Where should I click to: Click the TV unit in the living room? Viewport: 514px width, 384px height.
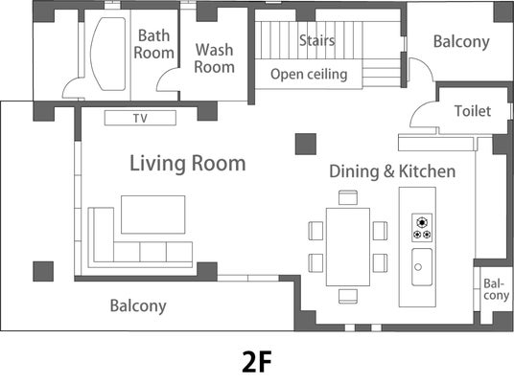tap(140, 118)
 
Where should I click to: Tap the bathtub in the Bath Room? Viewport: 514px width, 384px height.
tap(107, 54)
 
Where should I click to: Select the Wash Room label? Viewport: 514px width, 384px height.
tap(215, 58)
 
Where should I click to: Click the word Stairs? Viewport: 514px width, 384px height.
tap(317, 40)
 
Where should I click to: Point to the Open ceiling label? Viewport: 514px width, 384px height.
tap(309, 75)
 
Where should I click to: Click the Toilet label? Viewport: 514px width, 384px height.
tap(473, 111)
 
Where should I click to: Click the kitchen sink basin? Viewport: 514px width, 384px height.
tap(422, 267)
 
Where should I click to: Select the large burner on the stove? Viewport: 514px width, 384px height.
tap(422, 222)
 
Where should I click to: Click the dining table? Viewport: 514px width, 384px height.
tap(348, 247)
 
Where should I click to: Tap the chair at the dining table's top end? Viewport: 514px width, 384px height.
tap(348, 197)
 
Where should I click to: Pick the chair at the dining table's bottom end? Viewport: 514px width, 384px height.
tap(348, 296)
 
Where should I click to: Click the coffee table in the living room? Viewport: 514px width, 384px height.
tap(153, 215)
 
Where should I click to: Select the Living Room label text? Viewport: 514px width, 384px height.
tap(188, 164)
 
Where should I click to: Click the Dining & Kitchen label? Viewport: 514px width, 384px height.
tap(392, 171)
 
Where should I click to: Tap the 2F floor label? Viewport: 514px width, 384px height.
tap(257, 361)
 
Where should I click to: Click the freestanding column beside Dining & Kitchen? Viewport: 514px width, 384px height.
tap(306, 144)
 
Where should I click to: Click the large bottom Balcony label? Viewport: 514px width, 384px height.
tap(138, 306)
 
